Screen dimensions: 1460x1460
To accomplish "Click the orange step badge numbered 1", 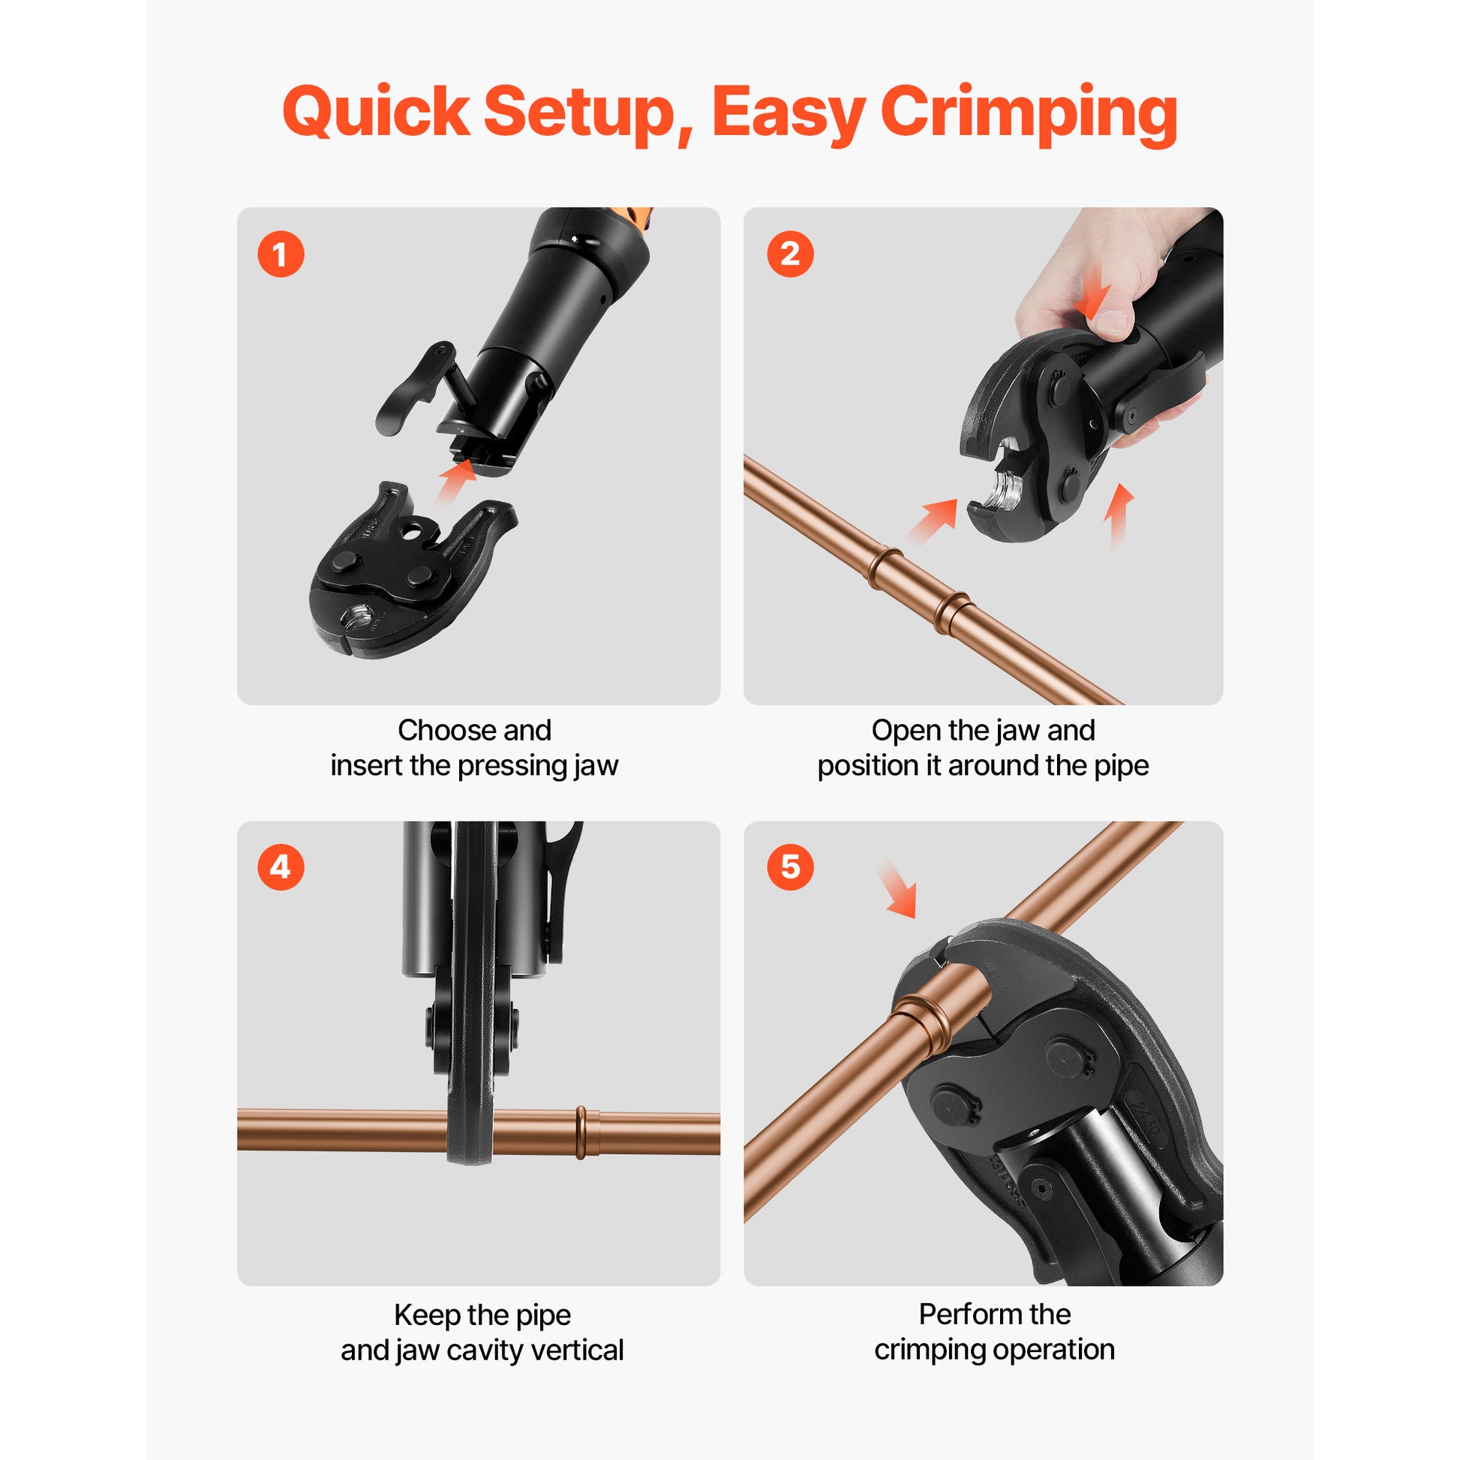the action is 281,254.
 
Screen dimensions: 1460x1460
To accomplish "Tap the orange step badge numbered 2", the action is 790,254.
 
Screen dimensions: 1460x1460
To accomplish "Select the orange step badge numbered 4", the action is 281,867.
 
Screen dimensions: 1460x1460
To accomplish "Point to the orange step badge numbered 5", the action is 790,867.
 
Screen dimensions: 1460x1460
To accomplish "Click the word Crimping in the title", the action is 1029,113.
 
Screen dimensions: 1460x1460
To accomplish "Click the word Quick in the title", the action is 376,112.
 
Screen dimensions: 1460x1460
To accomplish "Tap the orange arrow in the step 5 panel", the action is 897,889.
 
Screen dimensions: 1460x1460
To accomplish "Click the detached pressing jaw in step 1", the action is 413,569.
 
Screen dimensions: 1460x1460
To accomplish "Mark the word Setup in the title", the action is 579,113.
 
